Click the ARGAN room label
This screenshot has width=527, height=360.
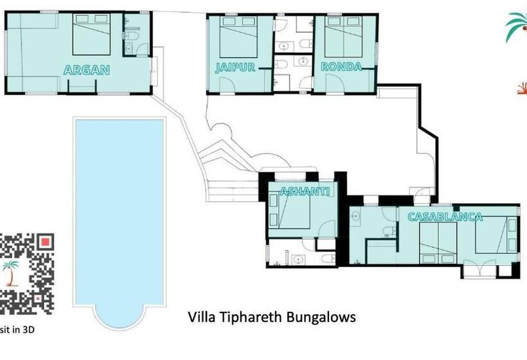[x=87, y=70]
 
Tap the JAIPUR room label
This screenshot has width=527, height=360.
[x=236, y=67]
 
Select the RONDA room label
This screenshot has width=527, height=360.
[x=341, y=67]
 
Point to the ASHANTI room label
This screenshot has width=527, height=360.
[x=305, y=191]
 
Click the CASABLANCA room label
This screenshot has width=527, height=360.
[x=445, y=217]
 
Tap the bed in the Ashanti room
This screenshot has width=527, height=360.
[x=290, y=211]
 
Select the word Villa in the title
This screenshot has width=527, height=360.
[x=201, y=317]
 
